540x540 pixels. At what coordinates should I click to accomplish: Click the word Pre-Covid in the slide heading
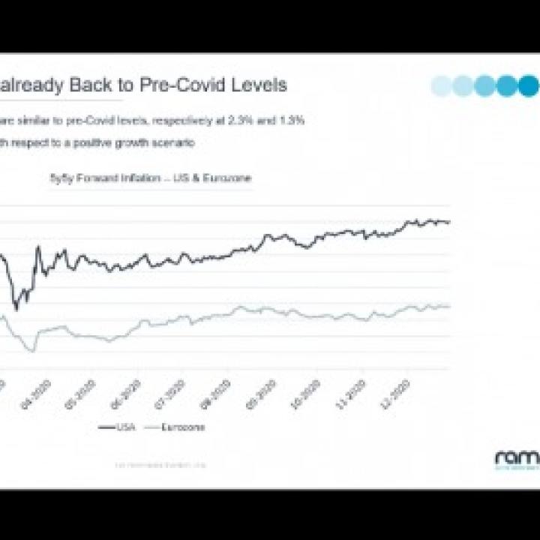181,85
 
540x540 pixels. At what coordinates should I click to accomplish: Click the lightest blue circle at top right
442,85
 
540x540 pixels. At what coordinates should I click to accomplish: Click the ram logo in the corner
516,457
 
